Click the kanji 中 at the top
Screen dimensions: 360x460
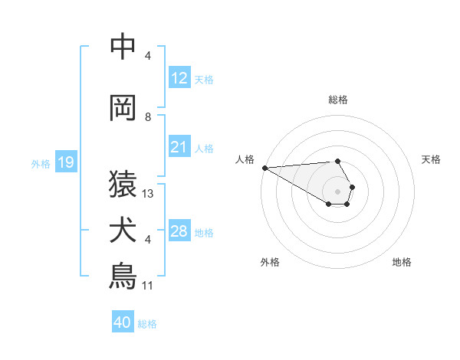pyautogui.click(x=123, y=48)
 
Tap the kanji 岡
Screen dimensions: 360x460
pyautogui.click(x=123, y=109)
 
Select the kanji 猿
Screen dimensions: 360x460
pyautogui.click(x=123, y=185)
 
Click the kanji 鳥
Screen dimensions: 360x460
pyautogui.click(x=123, y=277)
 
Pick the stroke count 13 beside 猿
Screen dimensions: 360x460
pyautogui.click(x=148, y=194)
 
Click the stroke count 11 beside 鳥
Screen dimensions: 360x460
pyautogui.click(x=148, y=286)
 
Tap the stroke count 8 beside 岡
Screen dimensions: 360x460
pyautogui.click(x=148, y=117)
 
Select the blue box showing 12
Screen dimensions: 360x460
pyautogui.click(x=179, y=77)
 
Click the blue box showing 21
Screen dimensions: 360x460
pyautogui.click(x=179, y=146)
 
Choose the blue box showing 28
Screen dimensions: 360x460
pyautogui.click(x=179, y=231)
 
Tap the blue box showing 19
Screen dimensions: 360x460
pyautogui.click(x=65, y=162)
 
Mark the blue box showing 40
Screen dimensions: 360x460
pyautogui.click(x=123, y=322)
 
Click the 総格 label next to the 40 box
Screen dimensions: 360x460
pyautogui.click(x=147, y=324)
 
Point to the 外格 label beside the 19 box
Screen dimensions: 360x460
pyautogui.click(x=40, y=163)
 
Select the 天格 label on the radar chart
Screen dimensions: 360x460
pyautogui.click(x=431, y=159)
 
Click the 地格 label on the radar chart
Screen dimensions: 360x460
pyautogui.click(x=402, y=262)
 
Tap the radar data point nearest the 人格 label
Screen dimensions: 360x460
pyautogui.click(x=264, y=168)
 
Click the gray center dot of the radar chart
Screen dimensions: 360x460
pyautogui.click(x=337, y=191)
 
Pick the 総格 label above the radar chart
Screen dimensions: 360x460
pyautogui.click(x=337, y=100)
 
